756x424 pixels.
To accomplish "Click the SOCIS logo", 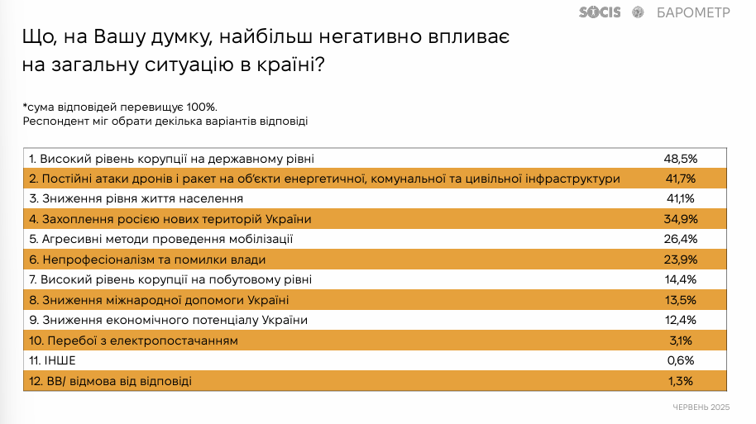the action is click(600, 12).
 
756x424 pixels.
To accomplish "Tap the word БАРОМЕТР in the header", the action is click(693, 12).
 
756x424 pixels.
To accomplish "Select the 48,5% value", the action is click(680, 159).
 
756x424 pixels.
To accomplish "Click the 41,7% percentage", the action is click(680, 179).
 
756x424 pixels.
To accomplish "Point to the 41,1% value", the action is click(680, 198).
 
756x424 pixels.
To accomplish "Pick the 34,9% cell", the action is click(680, 219).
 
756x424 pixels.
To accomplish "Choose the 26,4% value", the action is click(680, 239).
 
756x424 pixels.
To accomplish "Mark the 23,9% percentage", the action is click(680, 260).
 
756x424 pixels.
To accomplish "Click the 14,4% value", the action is click(680, 279).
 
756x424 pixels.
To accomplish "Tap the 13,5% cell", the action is click(680, 300).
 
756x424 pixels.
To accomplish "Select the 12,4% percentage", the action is click(680, 320).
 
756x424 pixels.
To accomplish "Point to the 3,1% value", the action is click(680, 341).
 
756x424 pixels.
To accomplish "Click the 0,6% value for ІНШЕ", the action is click(680, 360).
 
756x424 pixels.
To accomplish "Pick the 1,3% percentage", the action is click(680, 381).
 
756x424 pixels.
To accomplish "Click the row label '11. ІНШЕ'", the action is click(52, 360).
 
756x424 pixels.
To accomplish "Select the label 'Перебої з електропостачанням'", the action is click(143, 341).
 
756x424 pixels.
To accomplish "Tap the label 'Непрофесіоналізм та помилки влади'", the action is click(154, 260).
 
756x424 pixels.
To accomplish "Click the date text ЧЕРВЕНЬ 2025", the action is click(701, 407).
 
